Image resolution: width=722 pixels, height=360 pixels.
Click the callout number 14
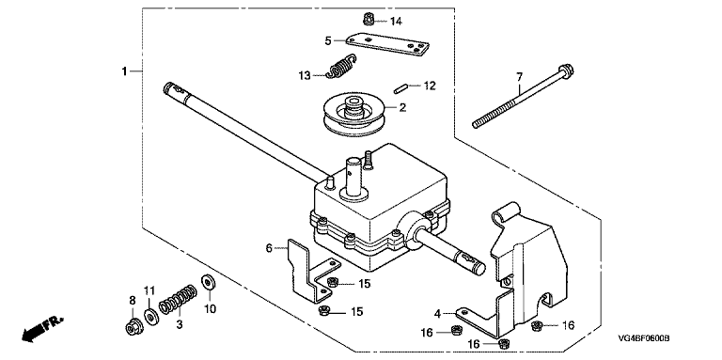coord(396,22)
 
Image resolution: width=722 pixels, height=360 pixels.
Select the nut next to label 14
coord(368,20)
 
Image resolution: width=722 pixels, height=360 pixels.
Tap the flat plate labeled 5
coord(387,45)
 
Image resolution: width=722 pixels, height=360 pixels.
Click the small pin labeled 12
coord(400,88)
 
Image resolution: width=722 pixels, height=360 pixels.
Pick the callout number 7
coord(519,75)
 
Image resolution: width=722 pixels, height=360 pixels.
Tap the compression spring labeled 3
coord(179,299)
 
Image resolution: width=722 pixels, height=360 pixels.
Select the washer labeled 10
coord(209,282)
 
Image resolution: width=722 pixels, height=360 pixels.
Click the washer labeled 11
coord(150,316)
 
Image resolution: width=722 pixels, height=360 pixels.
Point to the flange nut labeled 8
coord(134,327)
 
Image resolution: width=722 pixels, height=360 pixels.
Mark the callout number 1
coord(124,71)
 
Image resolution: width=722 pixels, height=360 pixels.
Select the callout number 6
coord(269,248)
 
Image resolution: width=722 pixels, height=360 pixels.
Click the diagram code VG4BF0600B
coord(643,338)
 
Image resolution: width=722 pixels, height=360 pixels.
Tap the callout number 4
coord(437,315)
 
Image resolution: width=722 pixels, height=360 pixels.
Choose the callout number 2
coord(402,108)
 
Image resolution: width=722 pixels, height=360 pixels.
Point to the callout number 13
coord(305,75)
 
